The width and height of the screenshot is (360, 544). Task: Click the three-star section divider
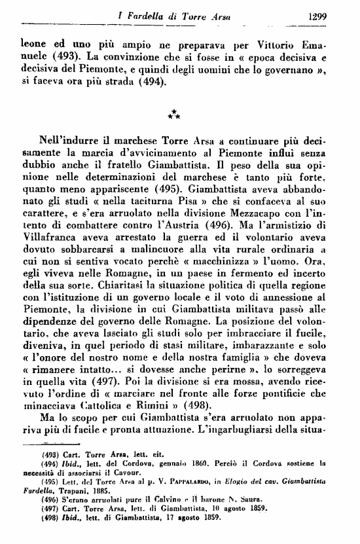(173, 116)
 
